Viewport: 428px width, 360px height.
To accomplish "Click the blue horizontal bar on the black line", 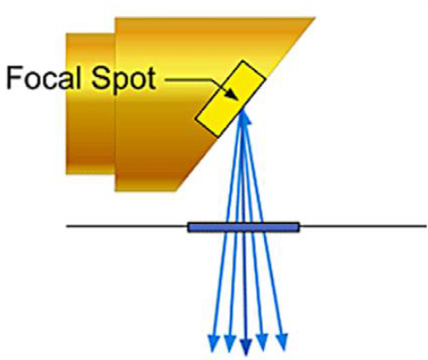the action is coord(243,227).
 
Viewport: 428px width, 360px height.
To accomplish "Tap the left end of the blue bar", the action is coord(190,227).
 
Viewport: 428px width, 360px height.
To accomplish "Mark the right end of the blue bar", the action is coord(297,227).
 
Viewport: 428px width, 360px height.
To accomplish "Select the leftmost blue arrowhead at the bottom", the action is coord(213,343).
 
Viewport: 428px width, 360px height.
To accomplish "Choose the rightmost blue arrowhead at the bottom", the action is coord(283,343).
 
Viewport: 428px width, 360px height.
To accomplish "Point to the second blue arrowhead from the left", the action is coord(229,343).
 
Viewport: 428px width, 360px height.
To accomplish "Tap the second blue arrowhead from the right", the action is coord(263,343).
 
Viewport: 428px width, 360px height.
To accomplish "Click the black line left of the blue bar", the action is coord(127,227).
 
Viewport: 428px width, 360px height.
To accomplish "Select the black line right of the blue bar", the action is coord(363,227).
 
